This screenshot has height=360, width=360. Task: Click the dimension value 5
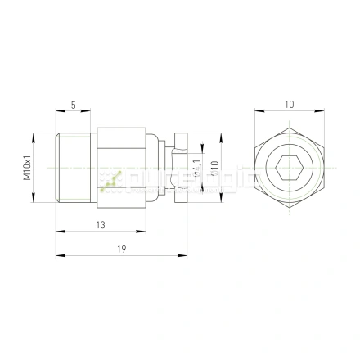(x=74, y=105)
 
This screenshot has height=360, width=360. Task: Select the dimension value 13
(x=100, y=224)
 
